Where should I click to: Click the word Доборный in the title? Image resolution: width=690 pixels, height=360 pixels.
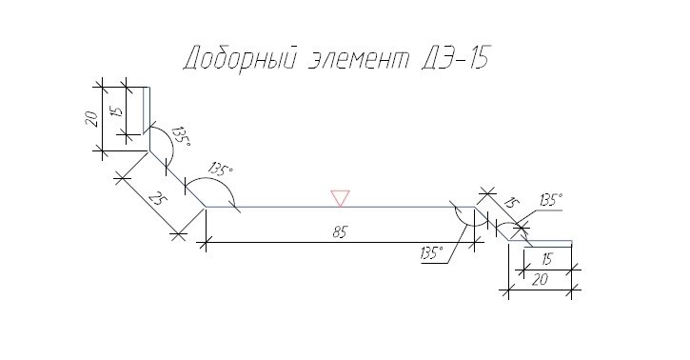[x=238, y=57]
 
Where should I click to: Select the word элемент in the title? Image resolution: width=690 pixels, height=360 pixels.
[x=358, y=59]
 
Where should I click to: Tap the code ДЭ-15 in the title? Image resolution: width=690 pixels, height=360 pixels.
[x=455, y=57]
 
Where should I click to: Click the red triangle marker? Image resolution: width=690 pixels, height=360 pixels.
[x=340, y=198]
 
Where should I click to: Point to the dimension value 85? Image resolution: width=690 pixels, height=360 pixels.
[x=340, y=232]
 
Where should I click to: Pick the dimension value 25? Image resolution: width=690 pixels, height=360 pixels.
[x=158, y=200]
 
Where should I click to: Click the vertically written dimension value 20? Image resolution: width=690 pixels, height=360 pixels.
[x=91, y=119]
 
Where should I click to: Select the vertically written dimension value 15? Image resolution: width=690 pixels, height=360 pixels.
[x=117, y=110]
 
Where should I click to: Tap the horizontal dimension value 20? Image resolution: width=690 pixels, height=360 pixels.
[x=540, y=280]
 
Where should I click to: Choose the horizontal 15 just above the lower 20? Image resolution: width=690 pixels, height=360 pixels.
[x=546, y=259]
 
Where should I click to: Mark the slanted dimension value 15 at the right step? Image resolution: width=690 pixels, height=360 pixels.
[x=510, y=203]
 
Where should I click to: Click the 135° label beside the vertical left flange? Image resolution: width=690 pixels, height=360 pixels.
[x=181, y=136]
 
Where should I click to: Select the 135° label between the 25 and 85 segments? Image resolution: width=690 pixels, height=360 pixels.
[x=221, y=169]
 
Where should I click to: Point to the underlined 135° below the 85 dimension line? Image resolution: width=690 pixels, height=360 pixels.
[x=432, y=253]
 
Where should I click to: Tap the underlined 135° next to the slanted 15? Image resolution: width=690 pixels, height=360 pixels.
[x=551, y=200]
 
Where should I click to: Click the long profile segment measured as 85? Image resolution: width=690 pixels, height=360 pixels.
[x=340, y=207]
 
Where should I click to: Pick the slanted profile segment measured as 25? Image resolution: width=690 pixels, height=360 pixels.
[x=177, y=179]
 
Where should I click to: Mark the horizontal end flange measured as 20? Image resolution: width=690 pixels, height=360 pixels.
[x=541, y=241]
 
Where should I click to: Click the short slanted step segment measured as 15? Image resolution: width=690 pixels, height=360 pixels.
[x=491, y=224]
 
